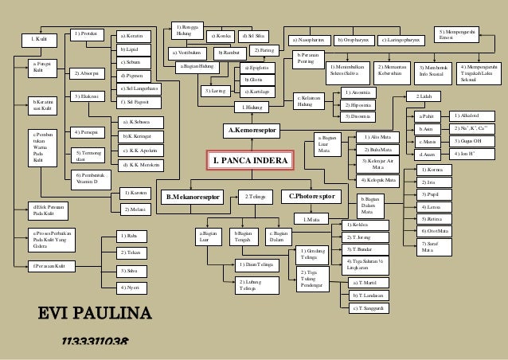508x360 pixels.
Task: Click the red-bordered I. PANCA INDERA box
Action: (x=250, y=161)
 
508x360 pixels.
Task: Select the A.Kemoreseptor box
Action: (x=252, y=128)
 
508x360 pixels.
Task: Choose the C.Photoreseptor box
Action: (x=311, y=196)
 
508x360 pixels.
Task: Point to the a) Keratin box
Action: (x=135, y=37)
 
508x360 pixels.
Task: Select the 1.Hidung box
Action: (x=252, y=106)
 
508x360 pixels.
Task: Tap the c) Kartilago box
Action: (x=256, y=92)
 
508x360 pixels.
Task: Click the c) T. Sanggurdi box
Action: (x=372, y=308)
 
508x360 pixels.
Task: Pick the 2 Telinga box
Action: (x=254, y=196)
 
